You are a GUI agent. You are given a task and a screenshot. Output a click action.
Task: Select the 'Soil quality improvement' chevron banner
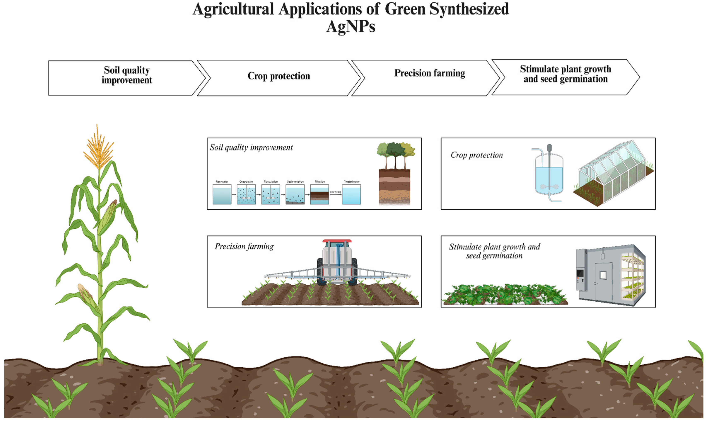tap(127, 75)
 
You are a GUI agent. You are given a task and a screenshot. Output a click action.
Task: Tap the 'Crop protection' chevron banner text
tap(279, 76)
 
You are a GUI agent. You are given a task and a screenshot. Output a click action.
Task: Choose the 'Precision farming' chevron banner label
tap(429, 73)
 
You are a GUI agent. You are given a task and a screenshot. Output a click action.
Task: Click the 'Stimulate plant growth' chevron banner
tap(565, 74)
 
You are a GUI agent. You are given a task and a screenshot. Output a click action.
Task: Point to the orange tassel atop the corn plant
tap(98, 150)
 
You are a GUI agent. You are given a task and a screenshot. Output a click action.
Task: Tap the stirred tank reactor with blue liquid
tap(549, 176)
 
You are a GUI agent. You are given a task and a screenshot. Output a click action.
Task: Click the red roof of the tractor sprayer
tap(337, 241)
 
